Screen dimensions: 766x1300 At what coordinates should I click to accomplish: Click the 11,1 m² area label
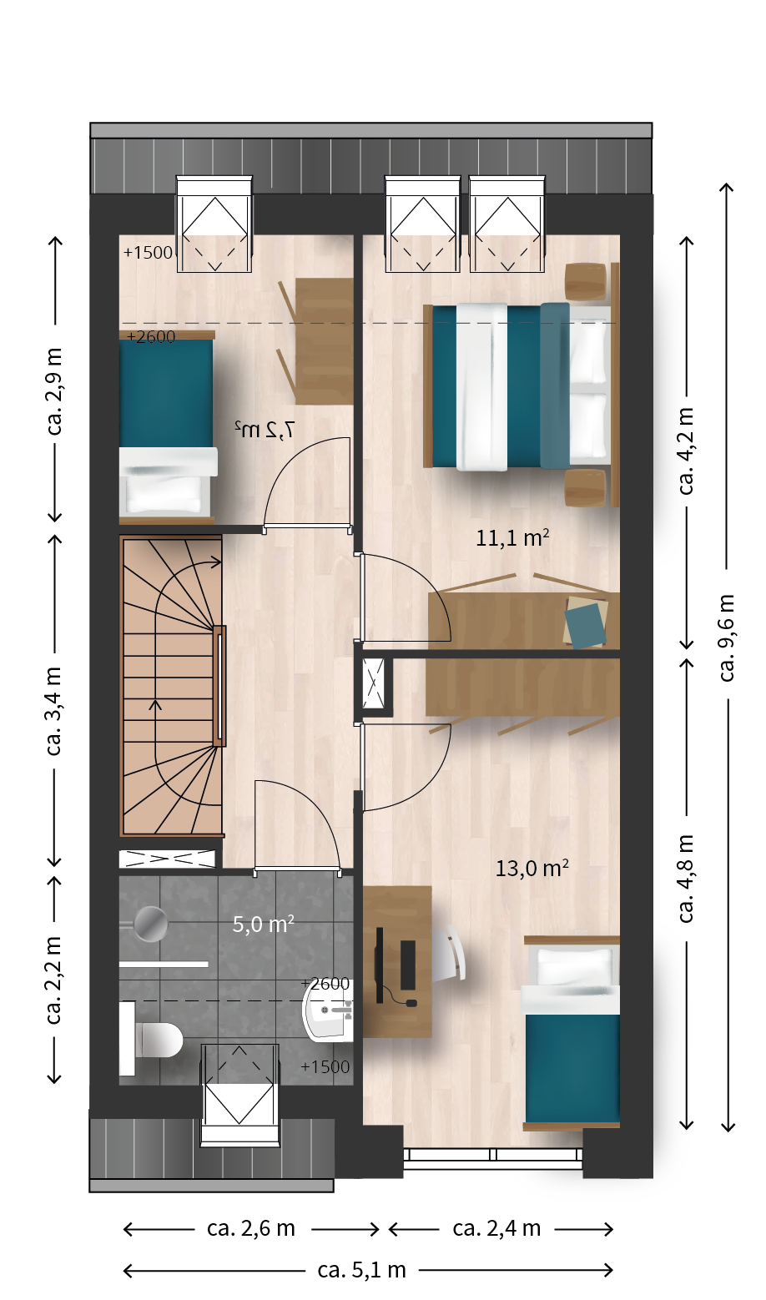(x=512, y=538)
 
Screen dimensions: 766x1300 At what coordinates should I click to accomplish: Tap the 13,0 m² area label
(x=532, y=869)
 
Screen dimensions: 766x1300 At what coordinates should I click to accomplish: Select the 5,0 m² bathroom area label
(x=263, y=924)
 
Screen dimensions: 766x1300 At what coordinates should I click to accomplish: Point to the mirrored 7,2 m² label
(x=265, y=430)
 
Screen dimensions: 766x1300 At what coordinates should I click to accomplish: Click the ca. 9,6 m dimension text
(x=727, y=637)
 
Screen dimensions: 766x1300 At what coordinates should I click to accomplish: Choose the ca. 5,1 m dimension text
(x=361, y=1270)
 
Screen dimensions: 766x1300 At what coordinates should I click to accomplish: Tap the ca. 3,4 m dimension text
(x=53, y=712)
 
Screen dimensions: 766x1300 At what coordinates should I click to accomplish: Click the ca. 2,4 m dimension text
(x=496, y=1228)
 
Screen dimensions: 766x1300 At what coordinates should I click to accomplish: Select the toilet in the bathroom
(x=151, y=1039)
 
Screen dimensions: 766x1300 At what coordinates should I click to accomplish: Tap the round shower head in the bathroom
(x=151, y=924)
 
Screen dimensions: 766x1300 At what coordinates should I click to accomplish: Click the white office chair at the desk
(x=449, y=953)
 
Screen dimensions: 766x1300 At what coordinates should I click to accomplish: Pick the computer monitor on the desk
(x=380, y=965)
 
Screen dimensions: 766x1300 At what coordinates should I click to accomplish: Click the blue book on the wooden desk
(x=586, y=625)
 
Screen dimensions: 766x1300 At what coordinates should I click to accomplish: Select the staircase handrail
(x=219, y=685)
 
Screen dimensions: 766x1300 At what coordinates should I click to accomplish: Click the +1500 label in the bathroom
(x=325, y=1066)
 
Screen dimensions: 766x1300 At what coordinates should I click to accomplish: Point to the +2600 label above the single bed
(x=151, y=336)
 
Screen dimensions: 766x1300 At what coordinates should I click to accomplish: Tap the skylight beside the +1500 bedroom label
(x=214, y=224)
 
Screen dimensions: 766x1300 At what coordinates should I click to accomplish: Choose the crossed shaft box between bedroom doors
(x=373, y=683)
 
